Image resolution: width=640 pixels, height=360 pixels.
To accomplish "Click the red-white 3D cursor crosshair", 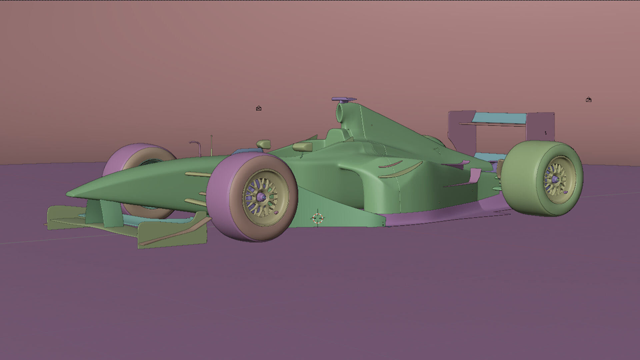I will (318, 218).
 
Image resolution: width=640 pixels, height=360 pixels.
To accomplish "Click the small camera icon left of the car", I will (259, 108).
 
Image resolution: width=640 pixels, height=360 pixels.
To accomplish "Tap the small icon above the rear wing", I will (589, 100).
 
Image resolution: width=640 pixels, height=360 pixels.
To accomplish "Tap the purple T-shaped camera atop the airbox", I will (343, 99).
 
